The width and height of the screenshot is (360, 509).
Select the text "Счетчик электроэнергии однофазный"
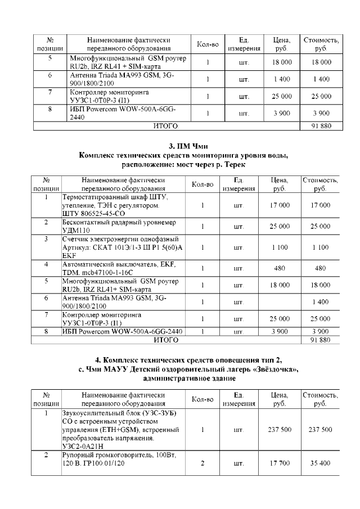coord(120,239)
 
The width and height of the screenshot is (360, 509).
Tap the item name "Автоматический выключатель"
coord(105,264)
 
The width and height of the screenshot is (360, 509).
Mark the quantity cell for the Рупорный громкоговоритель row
coord(202,463)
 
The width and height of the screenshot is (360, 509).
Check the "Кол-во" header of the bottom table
coord(202,399)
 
